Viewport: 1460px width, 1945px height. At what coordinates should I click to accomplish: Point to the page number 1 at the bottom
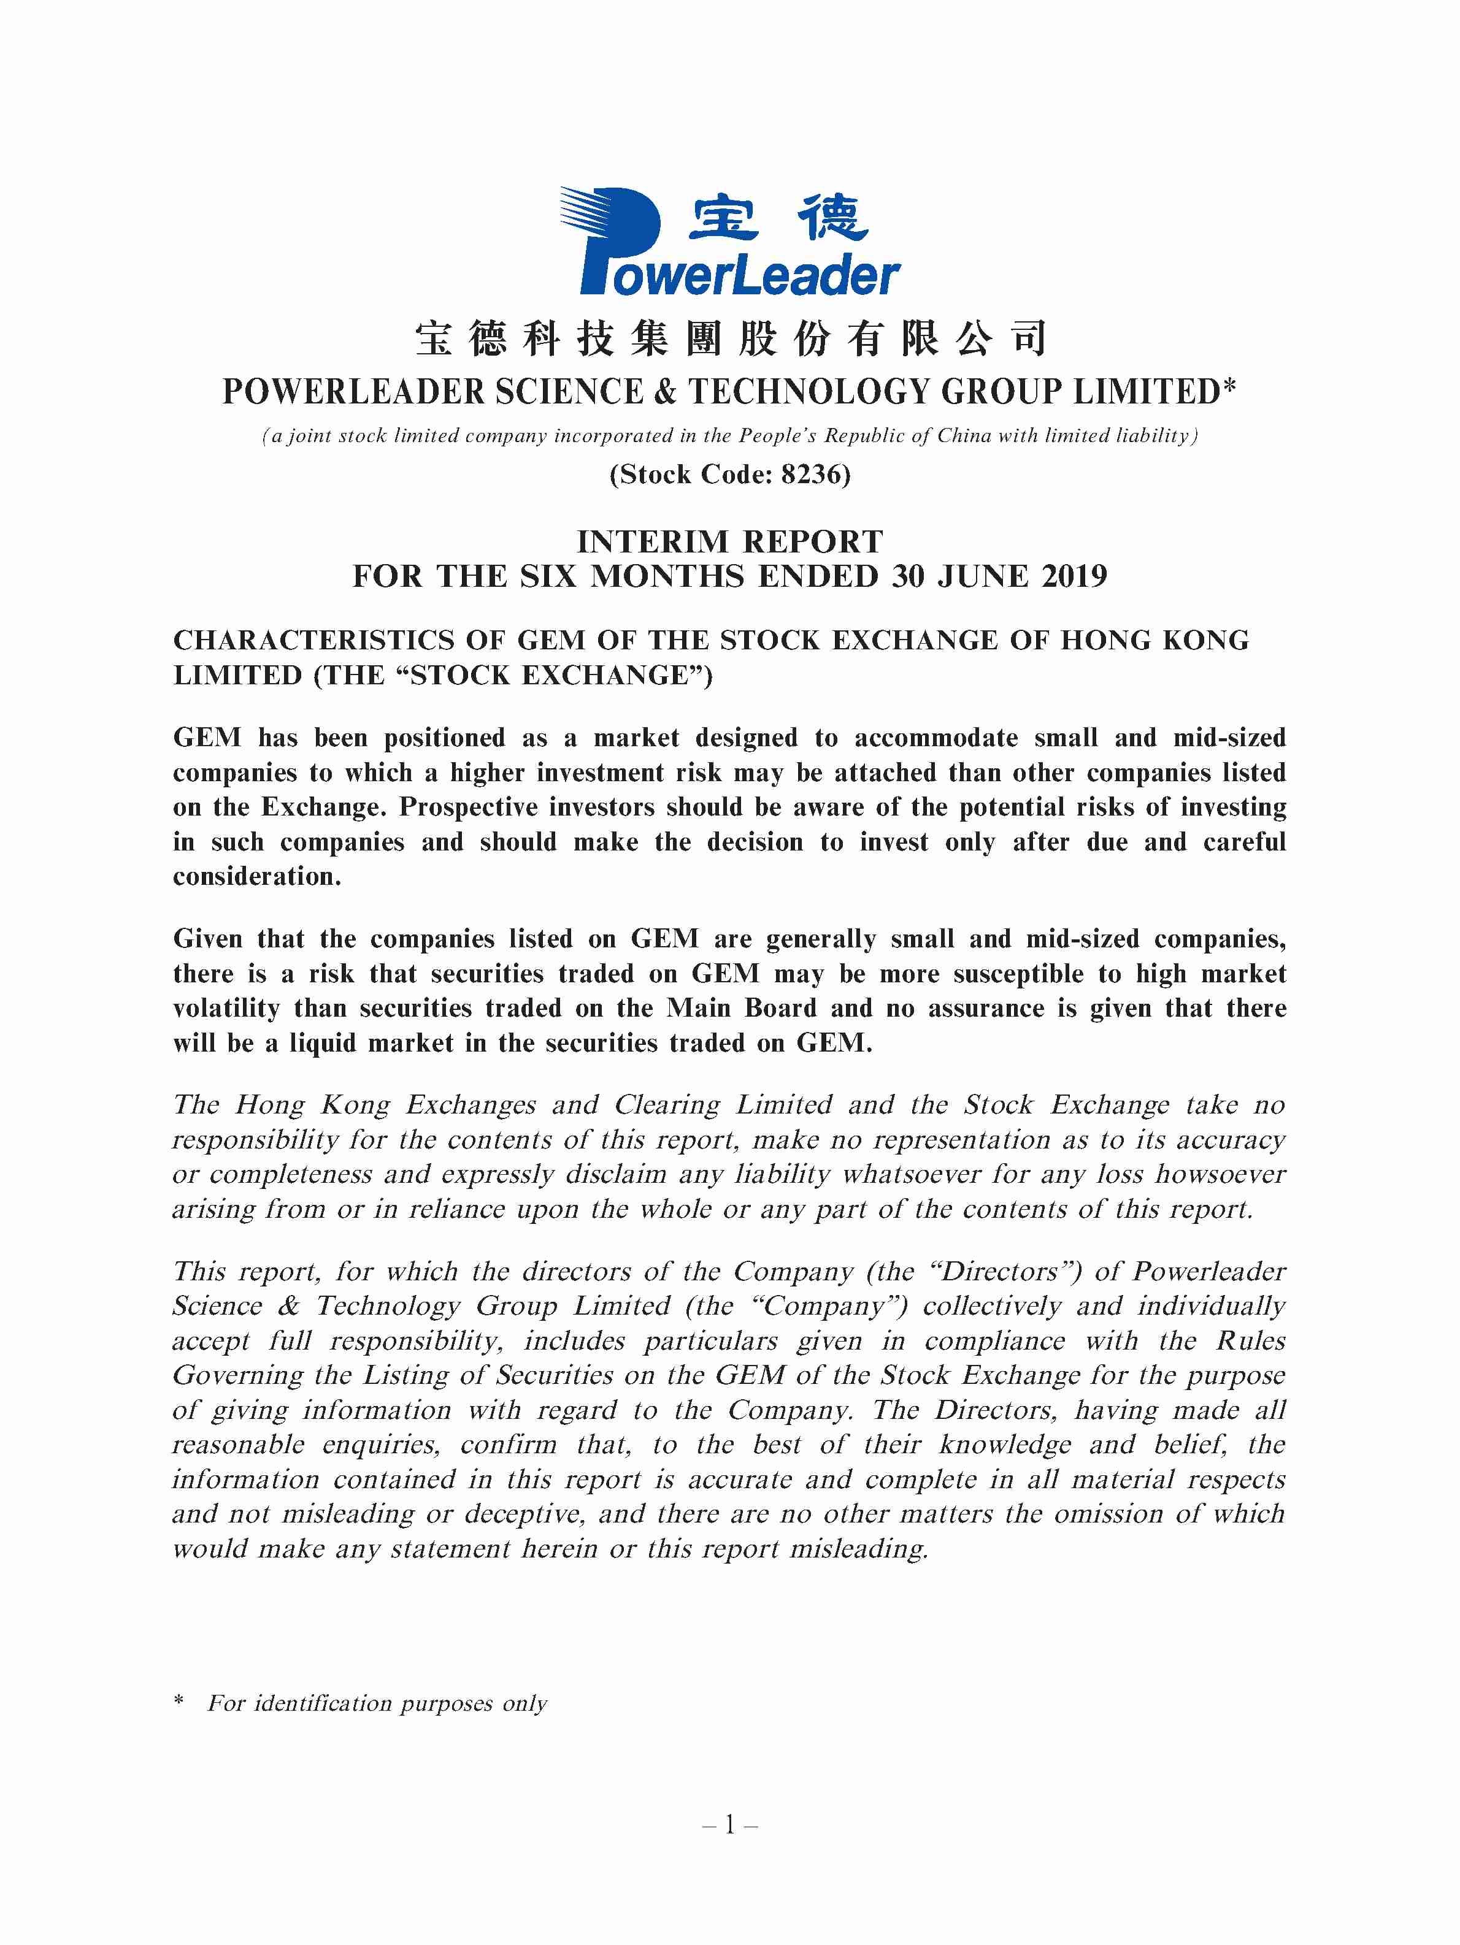point(729,1825)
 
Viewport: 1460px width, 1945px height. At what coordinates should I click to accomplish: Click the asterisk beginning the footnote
point(179,1702)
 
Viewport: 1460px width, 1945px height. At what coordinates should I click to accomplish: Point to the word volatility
point(226,1009)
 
